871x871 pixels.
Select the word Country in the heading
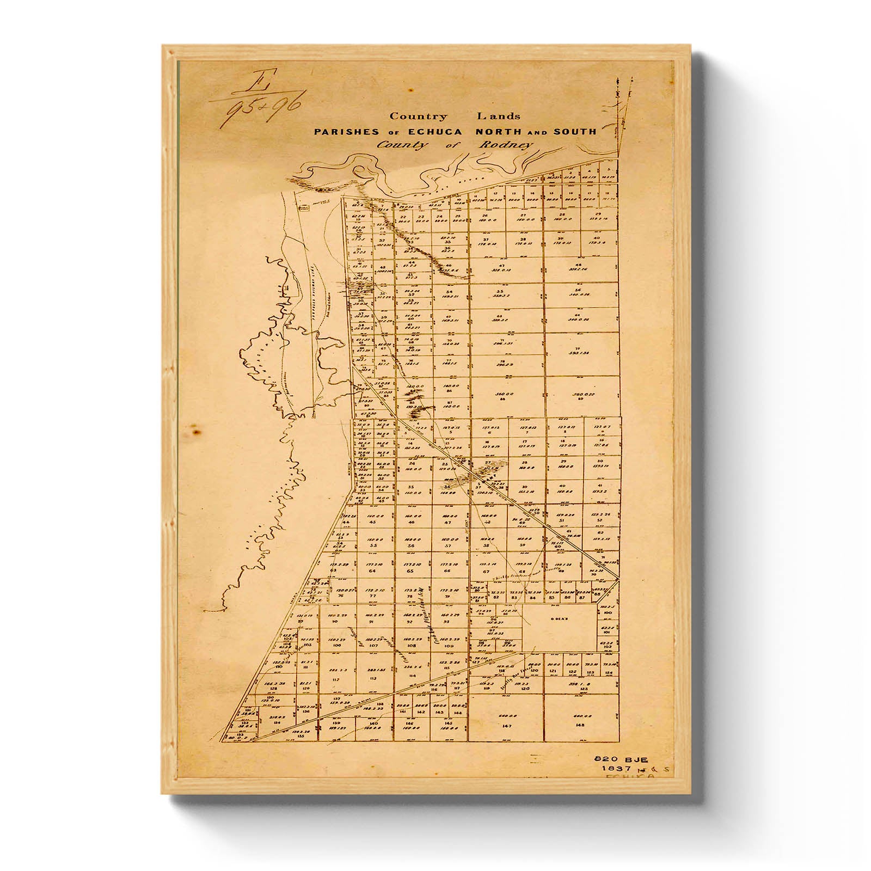(418, 116)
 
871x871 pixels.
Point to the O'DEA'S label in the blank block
(559, 618)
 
